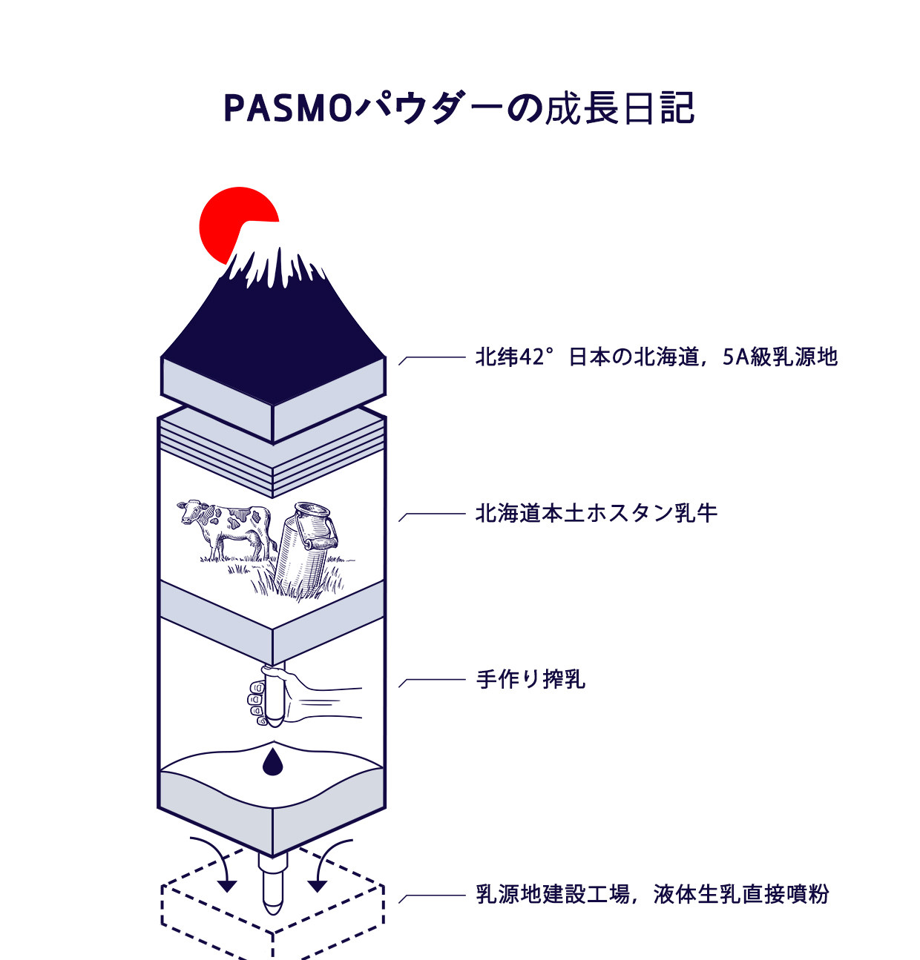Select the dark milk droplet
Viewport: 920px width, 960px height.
[x=272, y=761]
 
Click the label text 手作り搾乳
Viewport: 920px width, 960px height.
[x=530, y=679]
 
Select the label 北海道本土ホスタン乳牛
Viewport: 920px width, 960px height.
[x=596, y=514]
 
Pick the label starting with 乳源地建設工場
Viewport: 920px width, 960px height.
[x=652, y=894]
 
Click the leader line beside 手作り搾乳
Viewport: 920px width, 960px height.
[x=432, y=681]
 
